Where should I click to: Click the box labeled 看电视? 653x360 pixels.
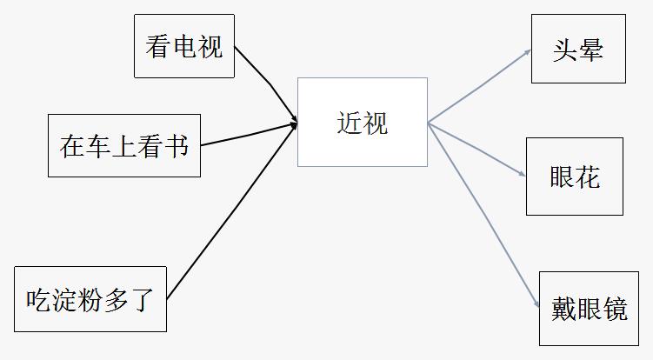183,46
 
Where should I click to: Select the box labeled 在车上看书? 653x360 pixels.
123,145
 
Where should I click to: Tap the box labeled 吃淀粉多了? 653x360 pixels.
90,299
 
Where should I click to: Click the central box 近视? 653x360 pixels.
362,122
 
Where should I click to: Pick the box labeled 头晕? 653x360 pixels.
578,49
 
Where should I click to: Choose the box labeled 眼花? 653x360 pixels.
574,177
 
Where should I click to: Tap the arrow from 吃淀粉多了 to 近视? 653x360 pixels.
231,213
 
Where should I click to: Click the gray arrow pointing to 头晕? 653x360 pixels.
478,86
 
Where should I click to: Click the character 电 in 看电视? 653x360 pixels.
183,46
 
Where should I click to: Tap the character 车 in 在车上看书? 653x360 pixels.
97,145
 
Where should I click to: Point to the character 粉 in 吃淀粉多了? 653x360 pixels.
90,300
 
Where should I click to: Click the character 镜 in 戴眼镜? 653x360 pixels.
616,309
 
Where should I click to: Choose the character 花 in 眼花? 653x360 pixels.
588,177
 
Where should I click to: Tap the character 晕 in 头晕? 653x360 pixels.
590,49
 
